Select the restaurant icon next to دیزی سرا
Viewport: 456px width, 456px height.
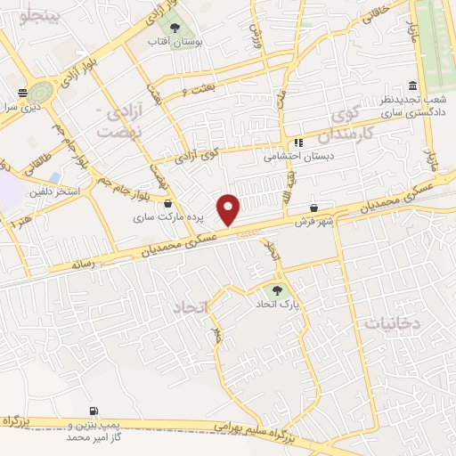pyautogui.click(x=22, y=91)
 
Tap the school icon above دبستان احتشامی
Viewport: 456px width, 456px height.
pyautogui.click(x=298, y=142)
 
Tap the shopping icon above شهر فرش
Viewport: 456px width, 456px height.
pyautogui.click(x=314, y=208)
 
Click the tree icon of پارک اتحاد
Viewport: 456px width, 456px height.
pyautogui.click(x=278, y=289)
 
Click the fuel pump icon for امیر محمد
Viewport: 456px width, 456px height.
pyautogui.click(x=94, y=411)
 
